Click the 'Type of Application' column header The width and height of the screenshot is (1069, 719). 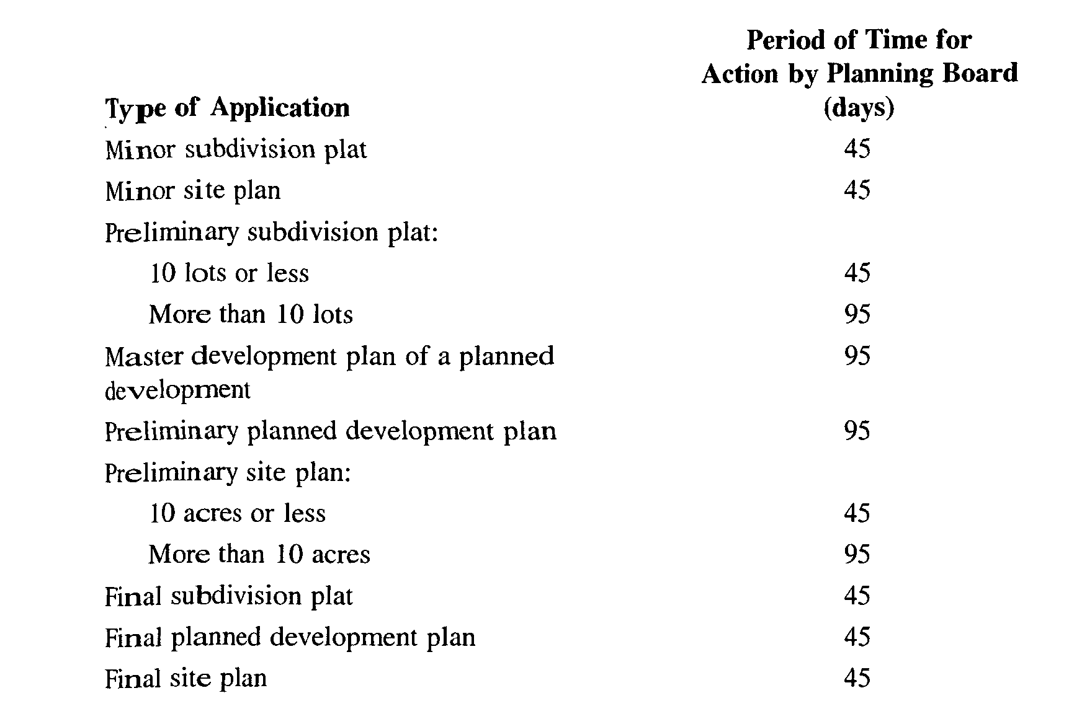click(227, 108)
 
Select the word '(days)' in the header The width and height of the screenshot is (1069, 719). click(859, 108)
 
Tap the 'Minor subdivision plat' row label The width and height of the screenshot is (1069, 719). click(236, 150)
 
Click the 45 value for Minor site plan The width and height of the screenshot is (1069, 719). click(857, 190)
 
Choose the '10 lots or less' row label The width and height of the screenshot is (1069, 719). click(229, 273)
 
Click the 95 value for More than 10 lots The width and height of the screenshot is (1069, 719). click(857, 314)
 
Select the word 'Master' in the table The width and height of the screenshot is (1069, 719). click(144, 357)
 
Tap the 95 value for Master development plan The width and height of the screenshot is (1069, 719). click(857, 356)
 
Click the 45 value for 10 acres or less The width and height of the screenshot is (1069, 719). click(857, 513)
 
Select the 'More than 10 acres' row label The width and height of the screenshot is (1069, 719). click(259, 554)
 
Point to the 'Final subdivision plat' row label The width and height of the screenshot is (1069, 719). click(229, 596)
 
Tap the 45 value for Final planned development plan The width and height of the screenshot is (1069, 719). click(857, 637)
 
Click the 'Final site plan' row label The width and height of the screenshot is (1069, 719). click(186, 679)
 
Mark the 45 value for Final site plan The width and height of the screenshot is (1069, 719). click(857, 678)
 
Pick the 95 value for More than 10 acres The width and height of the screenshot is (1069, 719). click(857, 554)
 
